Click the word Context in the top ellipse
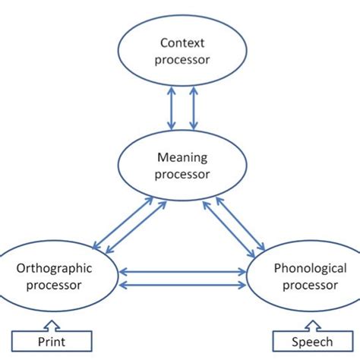(182, 44)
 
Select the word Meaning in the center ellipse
(181, 158)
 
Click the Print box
(52, 342)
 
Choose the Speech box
(307, 342)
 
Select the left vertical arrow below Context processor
(172, 108)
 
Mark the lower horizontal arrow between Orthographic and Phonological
(182, 284)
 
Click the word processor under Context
(182, 59)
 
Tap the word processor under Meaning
(181, 174)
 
